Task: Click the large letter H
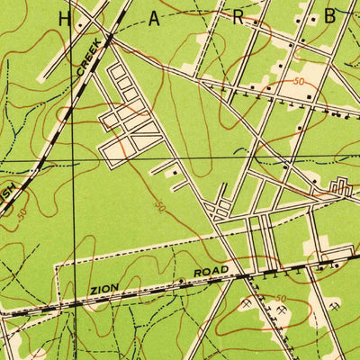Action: point(64,18)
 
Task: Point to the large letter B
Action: point(330,15)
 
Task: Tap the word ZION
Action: point(104,290)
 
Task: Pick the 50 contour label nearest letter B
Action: point(298,82)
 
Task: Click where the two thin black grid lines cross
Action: point(74,160)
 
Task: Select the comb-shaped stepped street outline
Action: point(340,186)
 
